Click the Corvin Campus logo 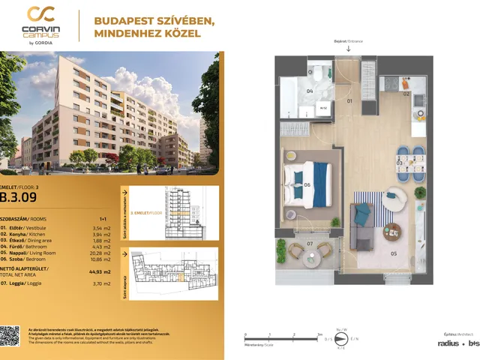click(43, 25)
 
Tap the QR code click(10, 336)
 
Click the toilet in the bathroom click(318, 75)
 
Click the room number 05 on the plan click(394, 253)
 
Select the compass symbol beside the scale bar click(340, 340)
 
